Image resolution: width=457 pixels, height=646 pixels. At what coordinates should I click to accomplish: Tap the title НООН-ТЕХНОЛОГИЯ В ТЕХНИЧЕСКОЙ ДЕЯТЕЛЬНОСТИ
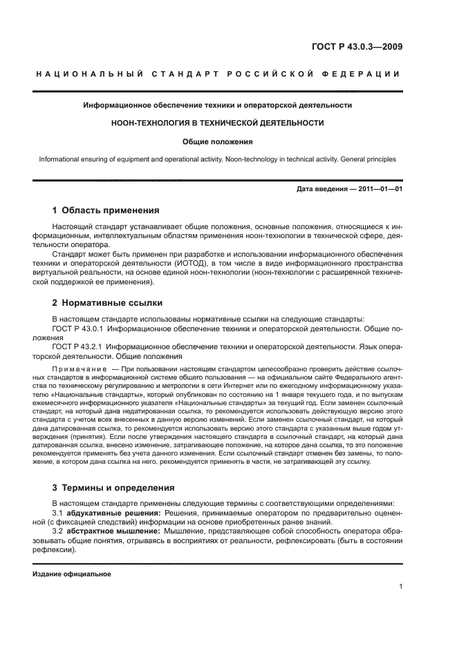pos(218,123)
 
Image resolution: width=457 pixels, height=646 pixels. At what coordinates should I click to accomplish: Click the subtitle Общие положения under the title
pos(218,141)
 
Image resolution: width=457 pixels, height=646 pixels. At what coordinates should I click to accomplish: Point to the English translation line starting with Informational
pos(218,159)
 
